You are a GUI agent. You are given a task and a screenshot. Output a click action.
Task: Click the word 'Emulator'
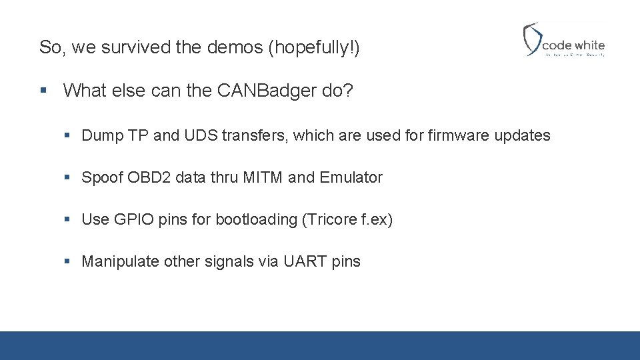[351, 178]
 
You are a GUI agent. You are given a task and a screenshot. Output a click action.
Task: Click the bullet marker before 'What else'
[44, 91]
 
